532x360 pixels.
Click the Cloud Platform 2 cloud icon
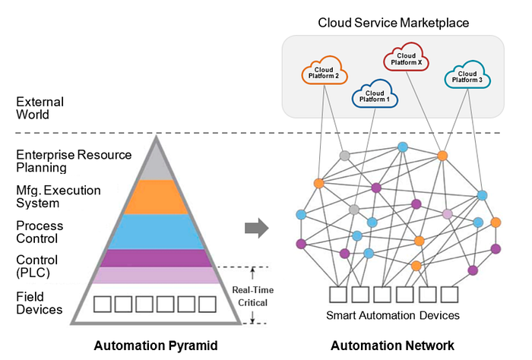tap(325, 71)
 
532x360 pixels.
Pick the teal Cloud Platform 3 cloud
tap(467, 75)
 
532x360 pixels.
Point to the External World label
tap(40, 108)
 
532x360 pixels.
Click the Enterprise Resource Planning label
tap(74, 161)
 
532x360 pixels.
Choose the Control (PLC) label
tap(37, 267)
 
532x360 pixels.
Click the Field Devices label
tap(40, 302)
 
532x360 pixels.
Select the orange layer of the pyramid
tap(156, 197)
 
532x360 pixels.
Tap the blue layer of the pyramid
tap(156, 232)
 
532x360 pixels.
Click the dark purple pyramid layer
tap(156, 258)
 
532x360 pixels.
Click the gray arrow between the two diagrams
tap(257, 227)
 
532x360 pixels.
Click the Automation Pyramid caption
tap(156, 346)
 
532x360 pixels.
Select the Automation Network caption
tap(392, 346)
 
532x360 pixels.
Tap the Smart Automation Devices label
tap(393, 314)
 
